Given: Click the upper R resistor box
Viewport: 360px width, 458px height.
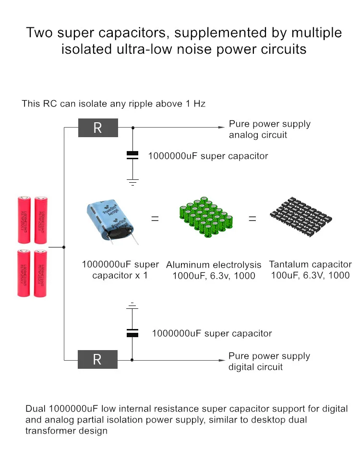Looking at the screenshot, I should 98,128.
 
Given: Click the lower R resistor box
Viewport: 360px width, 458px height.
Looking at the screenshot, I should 97,359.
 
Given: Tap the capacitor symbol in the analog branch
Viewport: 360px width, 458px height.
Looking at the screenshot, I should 132,154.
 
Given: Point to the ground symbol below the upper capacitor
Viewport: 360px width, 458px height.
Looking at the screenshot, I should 132,182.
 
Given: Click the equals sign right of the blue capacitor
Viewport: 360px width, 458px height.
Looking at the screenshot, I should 155,219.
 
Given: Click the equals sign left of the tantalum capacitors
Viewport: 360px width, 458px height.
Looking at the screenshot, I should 252,219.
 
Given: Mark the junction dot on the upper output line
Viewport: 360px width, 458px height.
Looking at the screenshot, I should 132,128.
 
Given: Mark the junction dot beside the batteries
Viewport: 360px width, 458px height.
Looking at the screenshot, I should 64,247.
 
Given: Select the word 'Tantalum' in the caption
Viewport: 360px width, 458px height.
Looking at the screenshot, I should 288,264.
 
